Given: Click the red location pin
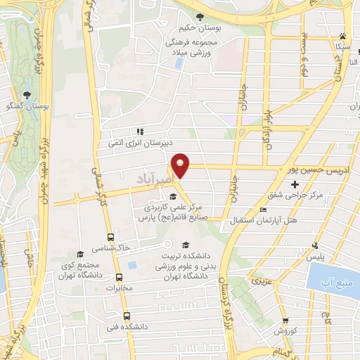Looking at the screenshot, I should pyautogui.click(x=181, y=165).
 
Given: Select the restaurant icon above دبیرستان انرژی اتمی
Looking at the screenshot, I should pyautogui.click(x=140, y=131).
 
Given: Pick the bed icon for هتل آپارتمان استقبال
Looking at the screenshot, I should pyautogui.click(x=263, y=210).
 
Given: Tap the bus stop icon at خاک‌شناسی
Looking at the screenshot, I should pyautogui.click(x=110, y=237).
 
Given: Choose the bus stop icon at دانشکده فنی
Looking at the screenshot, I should pyautogui.click(x=126, y=316).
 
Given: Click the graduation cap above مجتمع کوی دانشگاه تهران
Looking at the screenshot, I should pyautogui.click(x=79, y=253).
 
